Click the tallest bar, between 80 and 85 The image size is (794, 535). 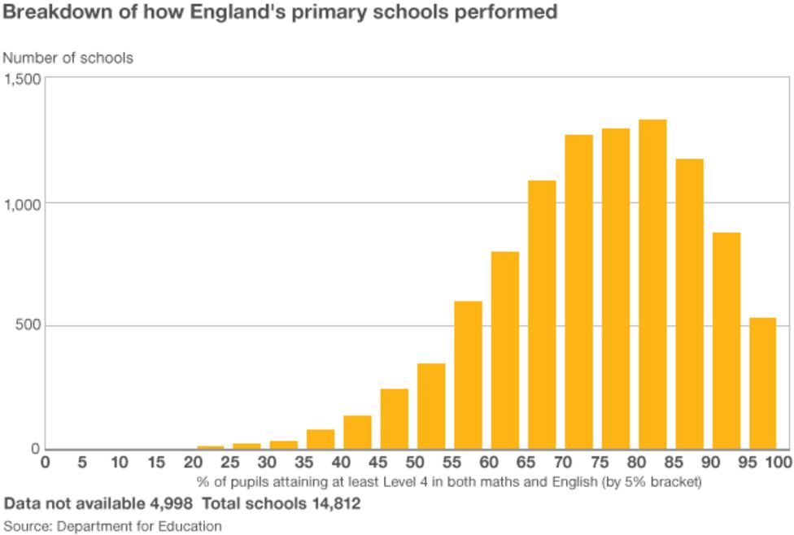(x=652, y=285)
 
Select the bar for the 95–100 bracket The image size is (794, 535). (x=763, y=383)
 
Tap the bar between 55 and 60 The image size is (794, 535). (x=468, y=375)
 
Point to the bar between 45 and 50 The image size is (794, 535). (x=395, y=419)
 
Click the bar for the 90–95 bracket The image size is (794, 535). (x=726, y=341)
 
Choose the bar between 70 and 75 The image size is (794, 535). (x=578, y=292)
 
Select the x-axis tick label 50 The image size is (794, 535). (x=415, y=463)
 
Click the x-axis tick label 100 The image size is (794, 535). (x=778, y=463)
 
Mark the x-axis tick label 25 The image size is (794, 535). (x=230, y=463)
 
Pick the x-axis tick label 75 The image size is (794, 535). (x=600, y=463)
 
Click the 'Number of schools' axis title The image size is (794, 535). (x=68, y=58)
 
